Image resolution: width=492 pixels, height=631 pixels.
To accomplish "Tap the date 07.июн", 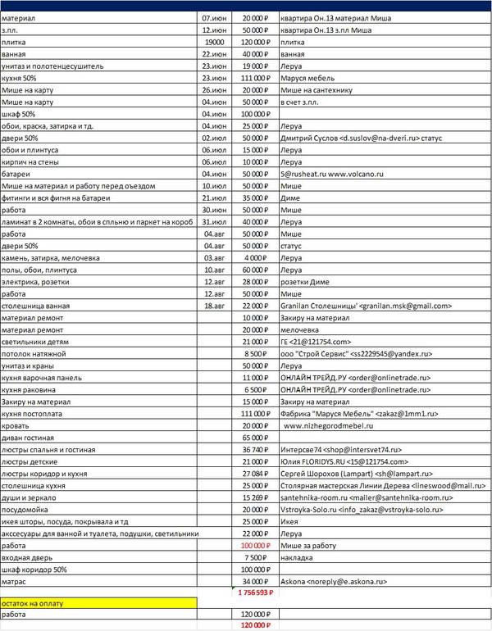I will point(215,17).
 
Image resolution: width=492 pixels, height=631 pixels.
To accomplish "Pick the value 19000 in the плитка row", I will point(215,40).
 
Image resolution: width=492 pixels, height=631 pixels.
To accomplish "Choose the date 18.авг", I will point(215,305).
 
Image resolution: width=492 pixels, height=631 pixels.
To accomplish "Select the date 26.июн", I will point(215,89).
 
